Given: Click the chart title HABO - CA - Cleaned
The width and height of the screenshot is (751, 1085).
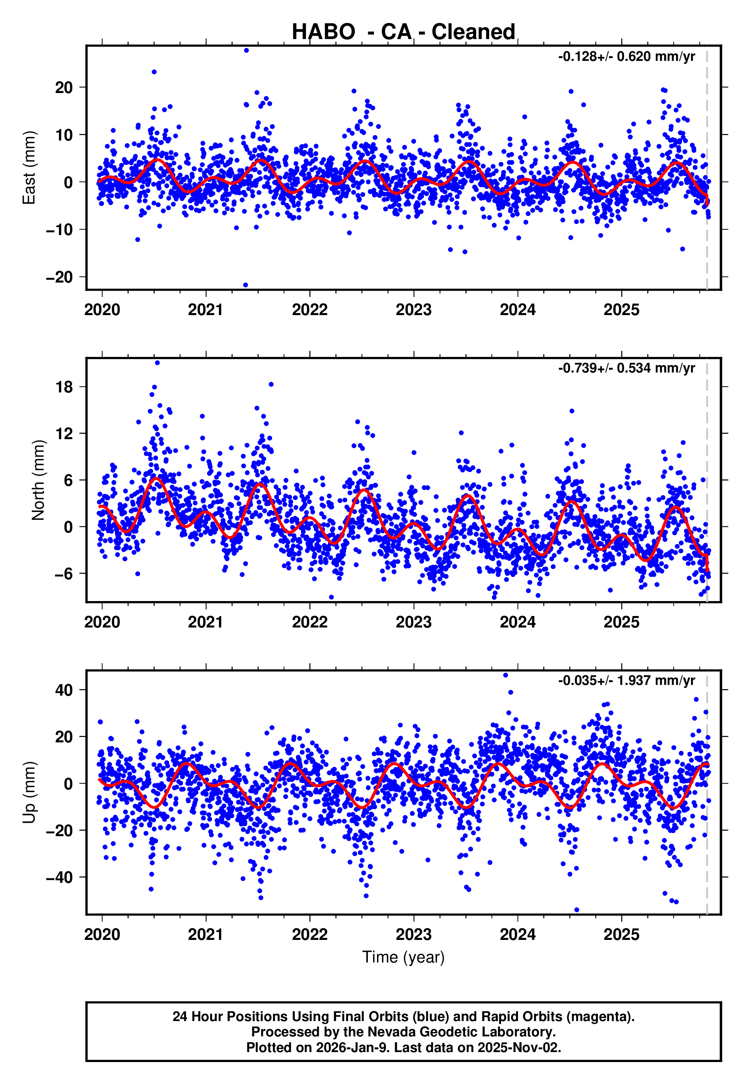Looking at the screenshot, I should coord(403,32).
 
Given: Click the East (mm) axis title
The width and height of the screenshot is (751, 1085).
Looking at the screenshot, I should coord(29,168).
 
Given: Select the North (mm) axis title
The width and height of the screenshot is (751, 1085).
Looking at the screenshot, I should coord(38,480).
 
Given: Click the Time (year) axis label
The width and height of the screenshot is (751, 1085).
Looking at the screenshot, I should coord(403,957).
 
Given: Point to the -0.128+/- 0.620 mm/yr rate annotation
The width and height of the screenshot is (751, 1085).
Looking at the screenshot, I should coord(626,57).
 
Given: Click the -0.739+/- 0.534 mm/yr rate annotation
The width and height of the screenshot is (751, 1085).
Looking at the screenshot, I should coord(626,368).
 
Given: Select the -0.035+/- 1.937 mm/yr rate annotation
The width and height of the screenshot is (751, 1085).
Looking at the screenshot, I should coord(626,680).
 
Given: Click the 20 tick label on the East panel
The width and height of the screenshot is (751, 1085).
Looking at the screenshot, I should coord(64,88).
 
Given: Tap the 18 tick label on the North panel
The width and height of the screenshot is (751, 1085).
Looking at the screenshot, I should coord(64,387).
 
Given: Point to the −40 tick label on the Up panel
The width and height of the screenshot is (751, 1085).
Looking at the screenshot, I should coord(59,877).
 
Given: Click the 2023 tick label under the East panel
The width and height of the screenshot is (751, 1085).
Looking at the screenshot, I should coord(414,310).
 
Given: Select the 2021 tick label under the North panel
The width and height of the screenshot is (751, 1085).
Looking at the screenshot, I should coord(206,623).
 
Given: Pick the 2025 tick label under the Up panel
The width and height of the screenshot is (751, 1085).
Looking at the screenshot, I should coord(622,935).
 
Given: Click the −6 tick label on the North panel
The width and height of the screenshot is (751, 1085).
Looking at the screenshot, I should coord(59,574).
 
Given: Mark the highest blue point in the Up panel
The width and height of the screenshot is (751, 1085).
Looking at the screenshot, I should coord(505,675).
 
